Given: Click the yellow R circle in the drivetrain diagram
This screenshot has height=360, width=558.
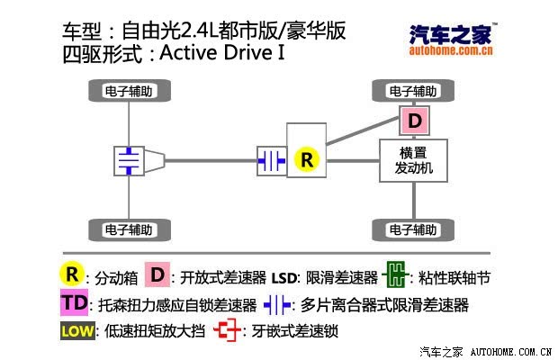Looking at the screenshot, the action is click(x=307, y=159).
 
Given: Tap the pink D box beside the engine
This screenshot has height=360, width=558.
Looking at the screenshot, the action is click(x=414, y=121).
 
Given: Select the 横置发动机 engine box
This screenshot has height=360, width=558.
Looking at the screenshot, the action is click(x=413, y=160).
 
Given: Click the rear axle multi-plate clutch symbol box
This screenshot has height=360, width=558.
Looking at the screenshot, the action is click(x=129, y=161).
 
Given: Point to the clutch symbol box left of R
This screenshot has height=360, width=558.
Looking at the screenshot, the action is click(x=272, y=161).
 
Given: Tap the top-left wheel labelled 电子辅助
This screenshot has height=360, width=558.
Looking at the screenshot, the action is click(x=130, y=91).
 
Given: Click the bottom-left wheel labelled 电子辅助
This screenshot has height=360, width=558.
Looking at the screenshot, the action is click(x=130, y=229).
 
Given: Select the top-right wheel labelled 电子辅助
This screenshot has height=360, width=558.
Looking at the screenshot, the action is click(x=413, y=91).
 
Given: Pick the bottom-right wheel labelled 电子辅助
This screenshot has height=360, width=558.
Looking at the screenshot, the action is click(x=413, y=229).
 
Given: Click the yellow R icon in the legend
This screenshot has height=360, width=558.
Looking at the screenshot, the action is click(x=72, y=274).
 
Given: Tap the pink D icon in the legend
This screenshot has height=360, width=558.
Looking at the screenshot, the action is click(x=157, y=274).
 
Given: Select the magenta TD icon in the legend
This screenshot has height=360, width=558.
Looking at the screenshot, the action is click(x=74, y=302).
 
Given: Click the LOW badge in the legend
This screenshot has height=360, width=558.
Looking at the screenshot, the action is click(x=77, y=331).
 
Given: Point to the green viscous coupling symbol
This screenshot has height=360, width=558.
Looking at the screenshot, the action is click(x=395, y=274).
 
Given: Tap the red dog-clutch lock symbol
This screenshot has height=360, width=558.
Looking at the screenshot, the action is click(x=227, y=330).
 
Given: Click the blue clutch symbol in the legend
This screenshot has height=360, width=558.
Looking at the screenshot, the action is click(x=277, y=304).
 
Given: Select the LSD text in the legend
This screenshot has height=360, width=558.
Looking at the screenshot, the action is click(x=283, y=278).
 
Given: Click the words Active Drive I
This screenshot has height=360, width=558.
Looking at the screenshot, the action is click(x=222, y=52).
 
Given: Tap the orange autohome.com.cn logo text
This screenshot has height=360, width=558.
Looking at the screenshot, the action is click(x=451, y=50).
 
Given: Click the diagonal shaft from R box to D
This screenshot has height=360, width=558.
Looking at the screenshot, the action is click(x=363, y=130).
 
